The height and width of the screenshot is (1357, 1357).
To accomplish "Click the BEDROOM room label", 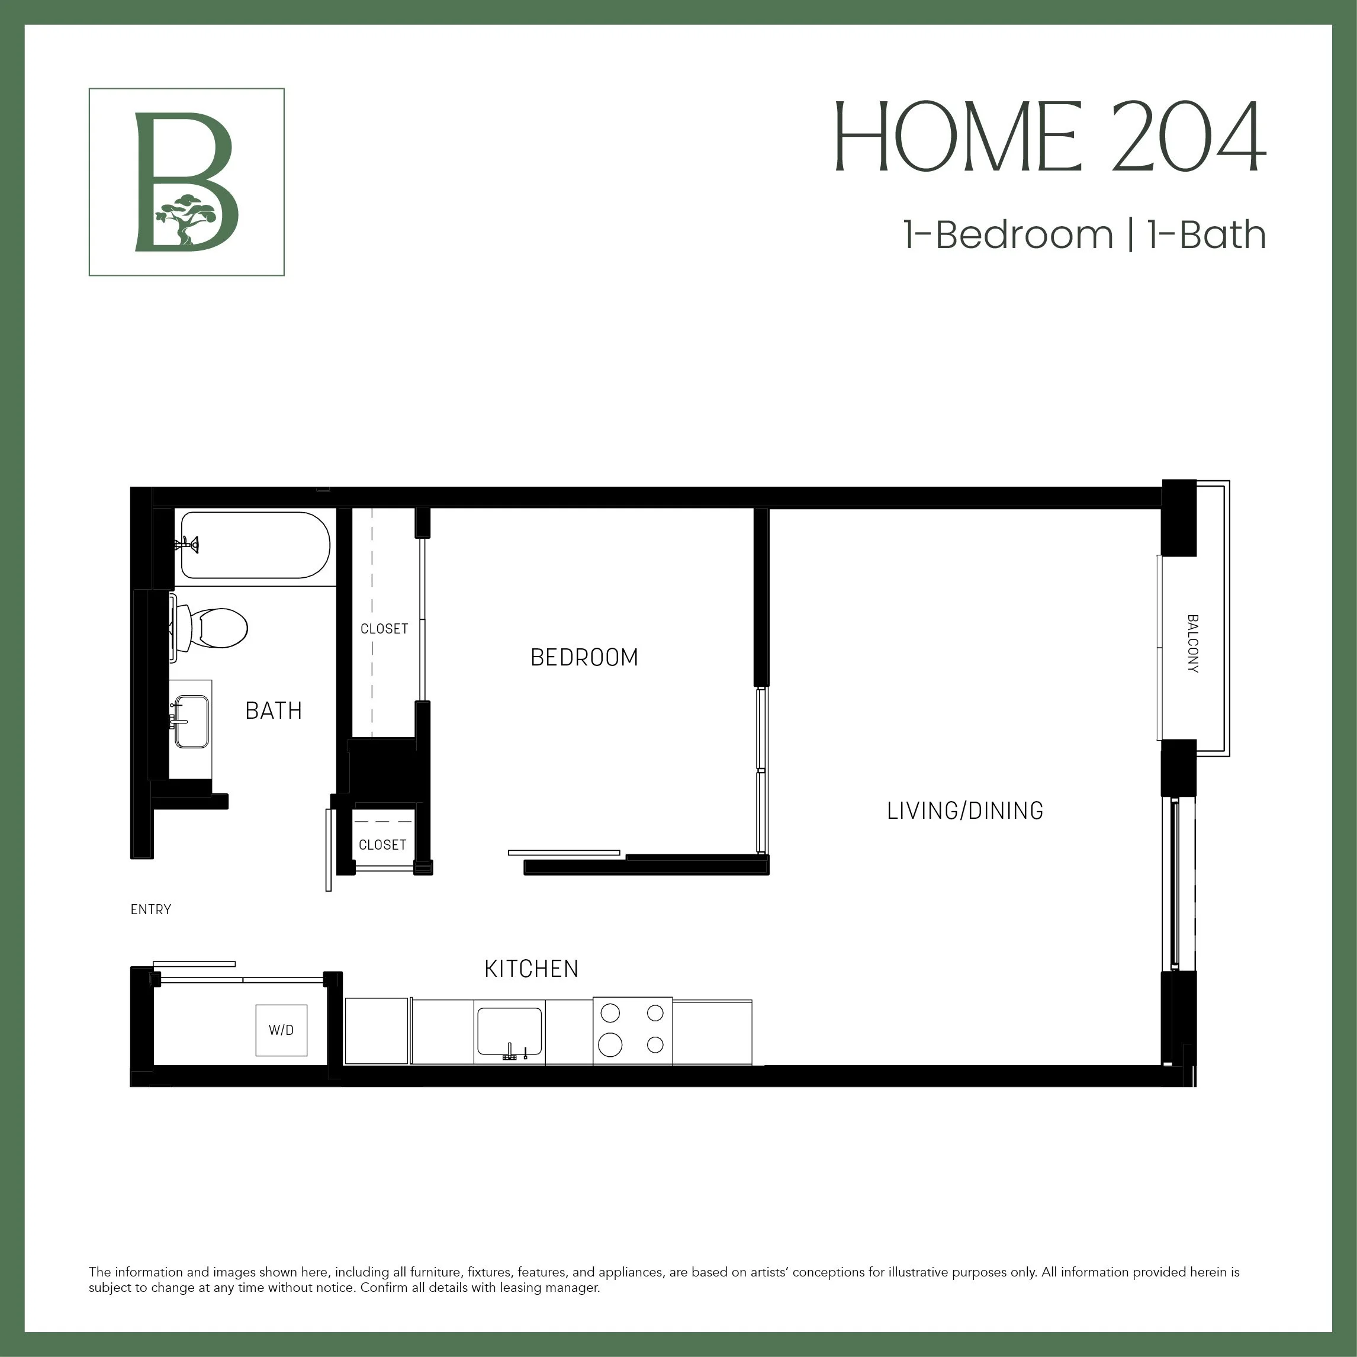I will [x=584, y=657].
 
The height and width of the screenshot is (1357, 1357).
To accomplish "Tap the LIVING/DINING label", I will [x=964, y=811].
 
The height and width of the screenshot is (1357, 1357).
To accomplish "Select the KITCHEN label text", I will [x=531, y=969].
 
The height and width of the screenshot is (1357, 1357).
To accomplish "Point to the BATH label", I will [x=273, y=711].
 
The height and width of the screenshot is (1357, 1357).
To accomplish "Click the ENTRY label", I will [x=150, y=909].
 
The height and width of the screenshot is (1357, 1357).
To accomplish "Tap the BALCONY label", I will [x=1192, y=644].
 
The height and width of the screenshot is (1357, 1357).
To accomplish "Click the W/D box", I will [x=281, y=1030].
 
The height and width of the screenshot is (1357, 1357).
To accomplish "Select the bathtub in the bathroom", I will [x=255, y=545].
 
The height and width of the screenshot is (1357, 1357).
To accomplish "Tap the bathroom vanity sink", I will [x=191, y=721].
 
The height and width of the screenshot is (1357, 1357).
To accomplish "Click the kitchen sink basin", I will [x=510, y=1030].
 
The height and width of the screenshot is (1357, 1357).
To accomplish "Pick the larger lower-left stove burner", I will [x=610, y=1044].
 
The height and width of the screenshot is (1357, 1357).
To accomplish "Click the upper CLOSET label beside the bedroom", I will [x=384, y=629].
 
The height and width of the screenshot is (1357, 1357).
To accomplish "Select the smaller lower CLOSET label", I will [x=382, y=845].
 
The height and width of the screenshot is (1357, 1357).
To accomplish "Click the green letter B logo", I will [x=185, y=181].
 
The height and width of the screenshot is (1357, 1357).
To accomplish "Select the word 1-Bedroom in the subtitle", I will [x=1008, y=234].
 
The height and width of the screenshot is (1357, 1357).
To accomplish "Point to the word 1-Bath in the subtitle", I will [x=1206, y=234].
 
